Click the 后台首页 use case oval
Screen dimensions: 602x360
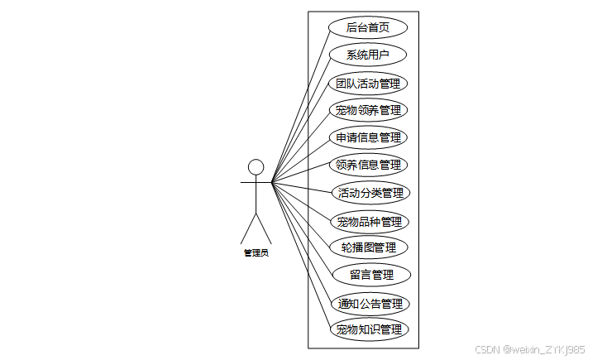(368, 27)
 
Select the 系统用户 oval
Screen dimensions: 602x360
(368, 55)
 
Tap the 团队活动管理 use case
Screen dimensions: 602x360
(368, 84)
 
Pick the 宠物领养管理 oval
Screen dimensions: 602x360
(368, 110)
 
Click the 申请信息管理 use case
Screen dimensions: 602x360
(368, 137)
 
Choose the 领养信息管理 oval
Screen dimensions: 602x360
(368, 164)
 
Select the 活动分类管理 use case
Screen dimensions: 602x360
(370, 193)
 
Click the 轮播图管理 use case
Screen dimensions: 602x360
(368, 247)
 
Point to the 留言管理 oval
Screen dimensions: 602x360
(371, 275)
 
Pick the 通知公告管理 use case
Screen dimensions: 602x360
(370, 303)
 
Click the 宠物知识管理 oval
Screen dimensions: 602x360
(368, 329)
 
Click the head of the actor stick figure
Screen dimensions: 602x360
(256, 167)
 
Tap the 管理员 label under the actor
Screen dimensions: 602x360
(256, 253)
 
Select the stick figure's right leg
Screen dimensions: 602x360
(264, 229)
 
